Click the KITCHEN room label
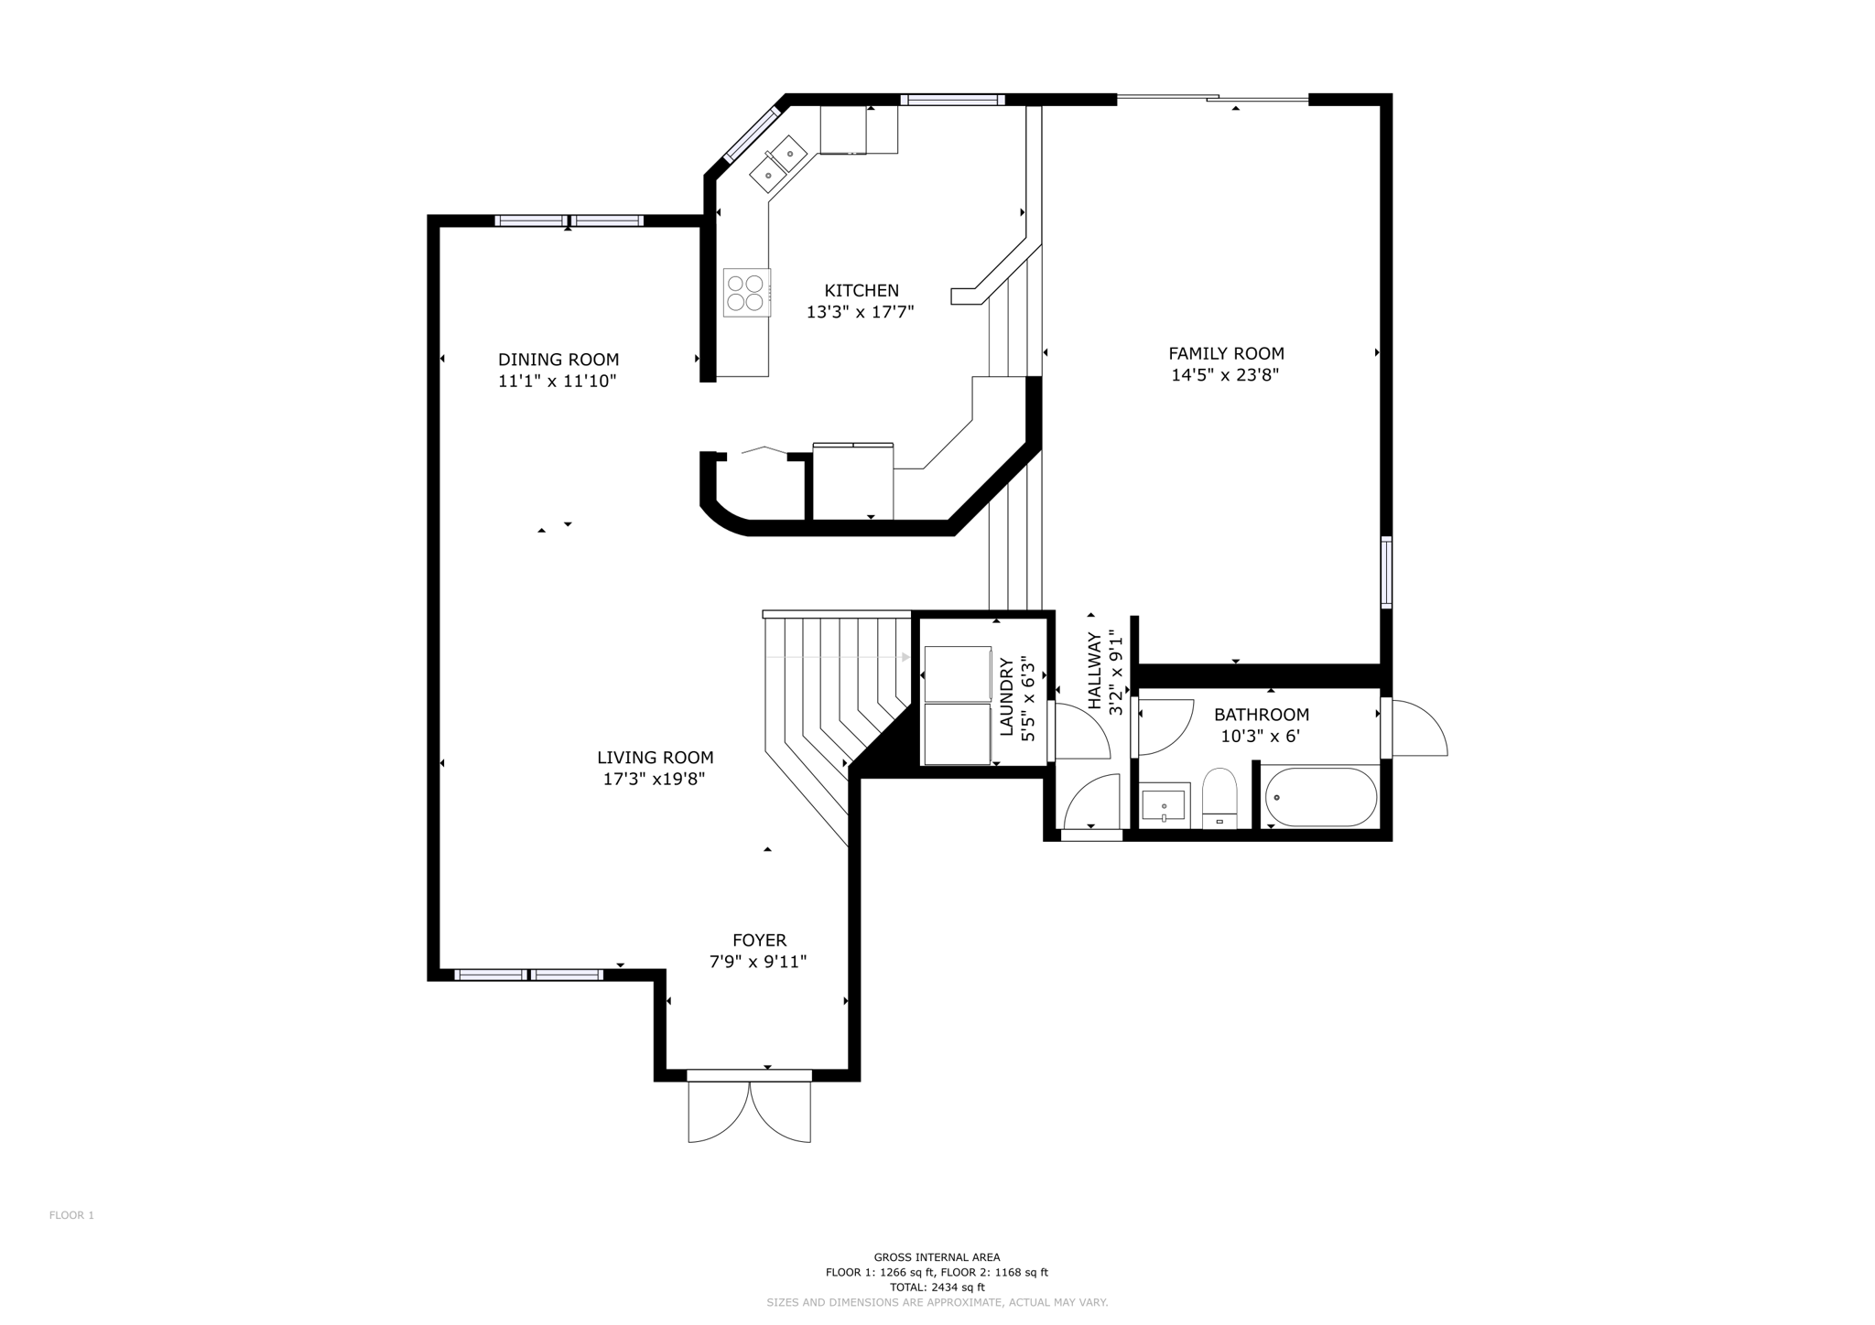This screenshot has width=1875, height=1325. click(862, 291)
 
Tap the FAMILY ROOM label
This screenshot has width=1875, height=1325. click(1226, 353)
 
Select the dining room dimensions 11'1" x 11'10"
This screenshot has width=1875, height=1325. click(557, 382)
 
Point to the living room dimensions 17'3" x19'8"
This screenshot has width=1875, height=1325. click(654, 780)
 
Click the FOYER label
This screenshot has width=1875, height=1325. click(759, 940)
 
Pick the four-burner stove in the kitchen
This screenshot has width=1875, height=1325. click(746, 293)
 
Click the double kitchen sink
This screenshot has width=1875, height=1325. click(779, 164)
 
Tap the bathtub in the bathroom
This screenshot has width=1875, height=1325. click(1321, 797)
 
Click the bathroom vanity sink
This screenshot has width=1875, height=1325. click(1165, 805)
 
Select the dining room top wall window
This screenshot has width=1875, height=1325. click(569, 221)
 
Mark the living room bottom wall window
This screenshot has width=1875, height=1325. click(528, 975)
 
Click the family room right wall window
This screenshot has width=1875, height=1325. click(1386, 572)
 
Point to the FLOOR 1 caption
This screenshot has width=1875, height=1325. click(71, 1215)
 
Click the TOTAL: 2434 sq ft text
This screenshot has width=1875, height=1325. click(937, 1287)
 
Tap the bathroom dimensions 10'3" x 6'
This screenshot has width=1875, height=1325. click(1261, 736)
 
